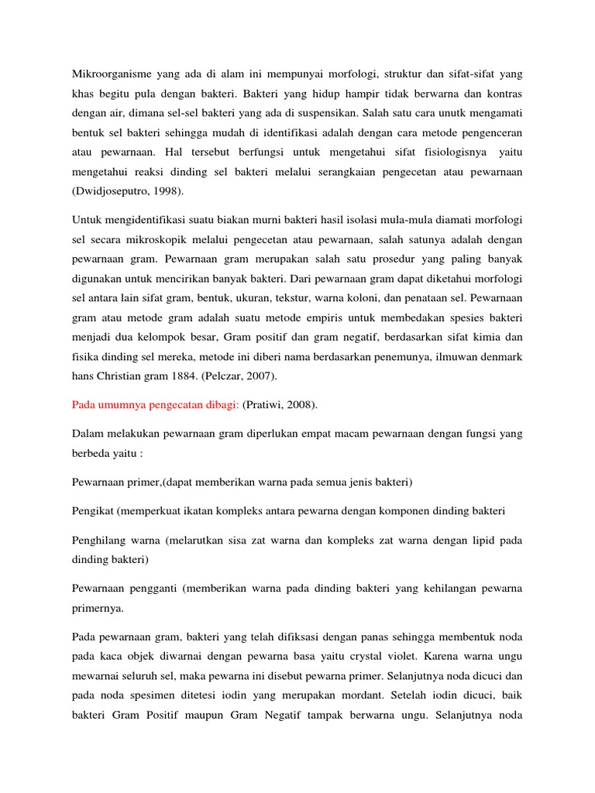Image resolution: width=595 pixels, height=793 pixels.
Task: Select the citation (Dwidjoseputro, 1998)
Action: pyautogui.click(x=130, y=190)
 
